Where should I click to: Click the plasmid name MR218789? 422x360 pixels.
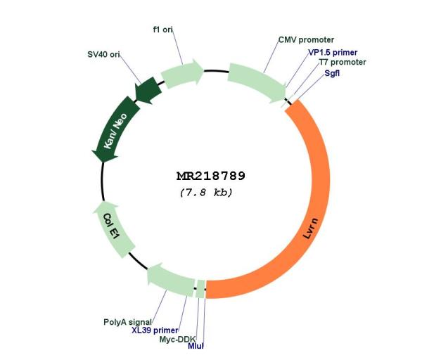[x=211, y=176]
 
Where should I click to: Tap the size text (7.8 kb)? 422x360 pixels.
[x=206, y=193]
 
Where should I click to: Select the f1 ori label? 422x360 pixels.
[x=163, y=30]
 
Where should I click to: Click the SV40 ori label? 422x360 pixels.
[x=103, y=54]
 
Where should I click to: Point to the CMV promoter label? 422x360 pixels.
[x=306, y=40]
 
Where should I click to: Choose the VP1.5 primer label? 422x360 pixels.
[x=333, y=53]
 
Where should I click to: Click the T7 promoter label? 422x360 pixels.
[x=343, y=62]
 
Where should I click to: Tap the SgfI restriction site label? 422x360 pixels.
[x=332, y=73]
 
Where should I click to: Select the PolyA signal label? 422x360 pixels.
[x=127, y=322]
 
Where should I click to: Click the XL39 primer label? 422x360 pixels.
[x=155, y=330]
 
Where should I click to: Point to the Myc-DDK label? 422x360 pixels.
[x=177, y=340]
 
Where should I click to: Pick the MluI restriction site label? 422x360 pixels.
[x=196, y=346]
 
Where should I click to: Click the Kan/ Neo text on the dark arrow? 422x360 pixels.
[x=115, y=131]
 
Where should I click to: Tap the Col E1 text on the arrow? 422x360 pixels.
[x=111, y=226]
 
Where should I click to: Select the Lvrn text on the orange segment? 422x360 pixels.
[x=310, y=229]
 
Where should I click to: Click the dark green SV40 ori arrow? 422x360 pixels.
[x=148, y=90]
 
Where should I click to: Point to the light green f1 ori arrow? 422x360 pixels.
[x=181, y=73]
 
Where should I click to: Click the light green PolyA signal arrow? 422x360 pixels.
[x=170, y=280]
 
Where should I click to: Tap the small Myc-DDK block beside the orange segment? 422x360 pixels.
[x=200, y=289]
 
